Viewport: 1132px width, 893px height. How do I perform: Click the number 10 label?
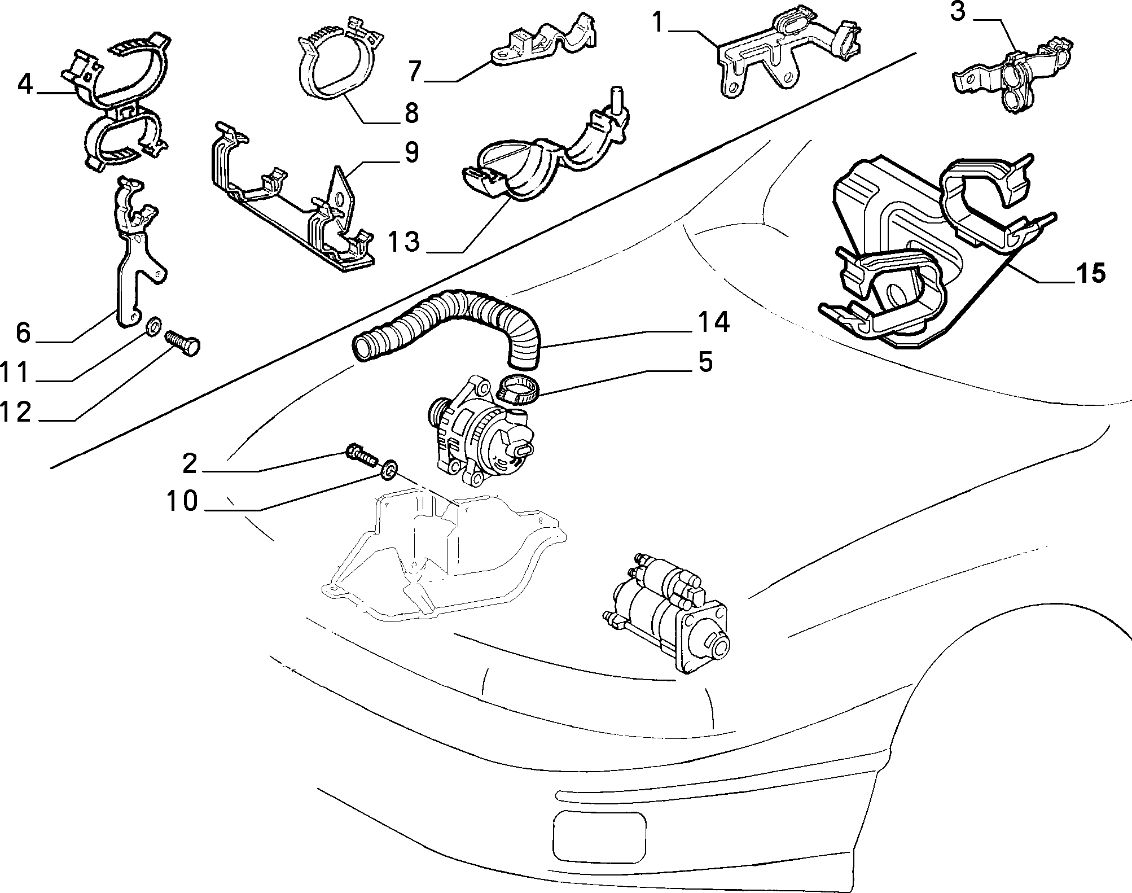coord(182,501)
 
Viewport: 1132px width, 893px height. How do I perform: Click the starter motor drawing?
coord(665,612)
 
